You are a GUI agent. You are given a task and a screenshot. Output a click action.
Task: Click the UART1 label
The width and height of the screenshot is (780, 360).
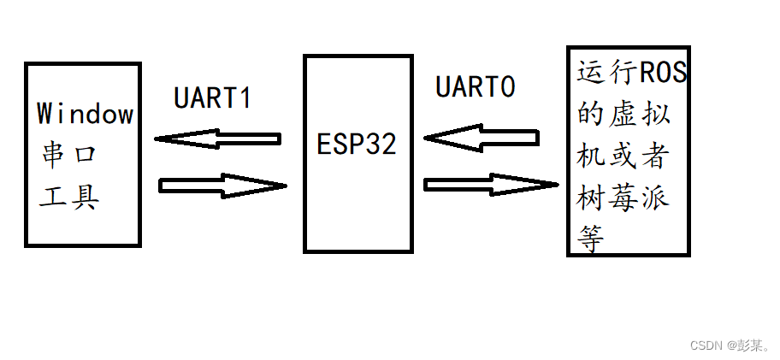pyautogui.click(x=213, y=98)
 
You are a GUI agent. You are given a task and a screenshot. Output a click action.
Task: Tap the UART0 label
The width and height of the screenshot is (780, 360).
pyautogui.click(x=476, y=87)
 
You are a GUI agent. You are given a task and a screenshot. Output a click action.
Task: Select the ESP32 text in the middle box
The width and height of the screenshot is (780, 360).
pyautogui.click(x=357, y=143)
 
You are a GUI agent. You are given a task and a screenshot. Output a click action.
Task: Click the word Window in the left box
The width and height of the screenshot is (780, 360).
pyautogui.click(x=86, y=113)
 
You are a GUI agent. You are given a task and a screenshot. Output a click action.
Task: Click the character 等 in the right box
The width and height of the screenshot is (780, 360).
pyautogui.click(x=591, y=239)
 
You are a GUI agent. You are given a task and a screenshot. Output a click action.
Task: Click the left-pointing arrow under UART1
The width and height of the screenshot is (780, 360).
pyautogui.click(x=218, y=139)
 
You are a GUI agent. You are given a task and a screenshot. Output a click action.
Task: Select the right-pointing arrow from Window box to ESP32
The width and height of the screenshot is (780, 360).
pyautogui.click(x=222, y=186)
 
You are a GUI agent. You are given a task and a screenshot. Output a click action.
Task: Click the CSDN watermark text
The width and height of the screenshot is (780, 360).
pyautogui.click(x=729, y=345)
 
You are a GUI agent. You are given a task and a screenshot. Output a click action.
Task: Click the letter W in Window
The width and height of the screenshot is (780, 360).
pyautogui.click(x=45, y=113)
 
